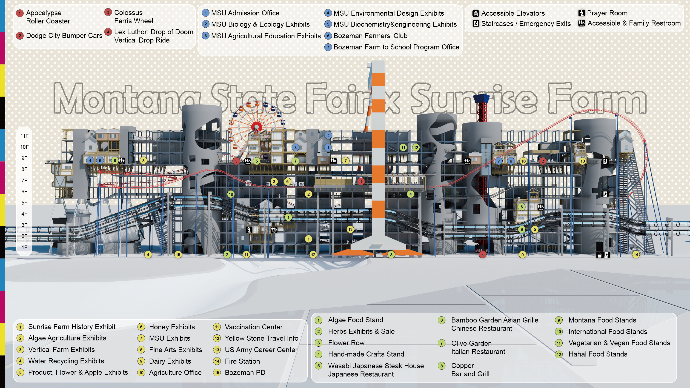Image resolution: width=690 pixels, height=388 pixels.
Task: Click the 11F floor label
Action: click(x=24, y=136)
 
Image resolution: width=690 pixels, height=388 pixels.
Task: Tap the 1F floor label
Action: click(x=24, y=247)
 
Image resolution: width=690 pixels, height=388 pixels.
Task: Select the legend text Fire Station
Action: click(x=242, y=361)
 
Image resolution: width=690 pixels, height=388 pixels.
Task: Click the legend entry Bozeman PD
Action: click(x=245, y=372)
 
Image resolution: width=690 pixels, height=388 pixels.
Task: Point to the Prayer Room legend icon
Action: click(x=581, y=13)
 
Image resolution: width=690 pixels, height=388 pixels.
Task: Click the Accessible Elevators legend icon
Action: click(x=476, y=13)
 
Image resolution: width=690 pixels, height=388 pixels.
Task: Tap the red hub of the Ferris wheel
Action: click(x=257, y=127)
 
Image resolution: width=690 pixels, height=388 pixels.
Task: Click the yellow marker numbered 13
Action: click(x=350, y=229)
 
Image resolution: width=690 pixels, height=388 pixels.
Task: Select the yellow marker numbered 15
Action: click(x=178, y=255)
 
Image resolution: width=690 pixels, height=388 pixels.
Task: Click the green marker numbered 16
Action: click(x=523, y=161)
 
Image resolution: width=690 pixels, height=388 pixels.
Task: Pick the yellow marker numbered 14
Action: click(x=636, y=255)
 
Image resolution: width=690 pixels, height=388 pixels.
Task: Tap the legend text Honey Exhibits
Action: click(x=172, y=327)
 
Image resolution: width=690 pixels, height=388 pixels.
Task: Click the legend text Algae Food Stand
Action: click(x=355, y=320)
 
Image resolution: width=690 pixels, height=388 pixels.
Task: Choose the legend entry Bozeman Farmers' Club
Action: click(x=370, y=36)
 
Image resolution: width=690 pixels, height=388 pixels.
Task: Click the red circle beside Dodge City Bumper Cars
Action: click(x=20, y=36)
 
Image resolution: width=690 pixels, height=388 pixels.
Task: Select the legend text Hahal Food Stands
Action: click(x=598, y=354)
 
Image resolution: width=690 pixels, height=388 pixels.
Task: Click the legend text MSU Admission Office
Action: click(x=245, y=13)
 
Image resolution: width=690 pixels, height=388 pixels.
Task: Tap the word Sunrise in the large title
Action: click(x=474, y=99)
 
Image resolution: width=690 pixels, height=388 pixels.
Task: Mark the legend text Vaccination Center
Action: click(x=253, y=327)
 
